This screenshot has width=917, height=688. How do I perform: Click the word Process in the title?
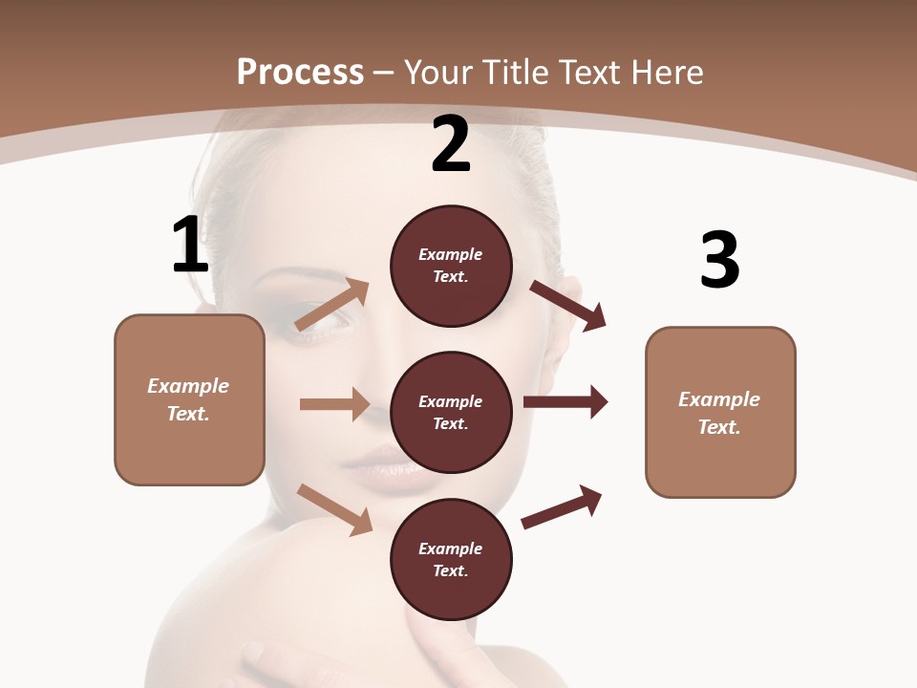click(x=300, y=72)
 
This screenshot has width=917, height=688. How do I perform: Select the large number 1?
click(x=190, y=245)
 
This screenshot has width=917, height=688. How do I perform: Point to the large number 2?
click(x=451, y=144)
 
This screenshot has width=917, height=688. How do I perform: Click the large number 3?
click(x=719, y=260)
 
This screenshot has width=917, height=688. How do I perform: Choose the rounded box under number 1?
click(x=189, y=399)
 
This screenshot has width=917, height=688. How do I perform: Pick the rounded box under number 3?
click(x=720, y=413)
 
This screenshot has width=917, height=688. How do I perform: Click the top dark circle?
click(x=451, y=266)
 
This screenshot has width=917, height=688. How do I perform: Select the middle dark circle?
click(x=451, y=413)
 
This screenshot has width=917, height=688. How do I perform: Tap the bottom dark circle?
click(x=451, y=560)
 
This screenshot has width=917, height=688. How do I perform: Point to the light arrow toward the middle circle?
click(x=334, y=404)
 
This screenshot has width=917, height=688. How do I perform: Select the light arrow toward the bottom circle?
click(x=334, y=508)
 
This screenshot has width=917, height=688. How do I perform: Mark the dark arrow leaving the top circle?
click(x=568, y=305)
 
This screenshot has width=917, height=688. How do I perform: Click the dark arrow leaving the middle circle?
click(x=565, y=402)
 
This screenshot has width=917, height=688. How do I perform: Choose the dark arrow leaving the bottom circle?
click(x=563, y=506)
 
